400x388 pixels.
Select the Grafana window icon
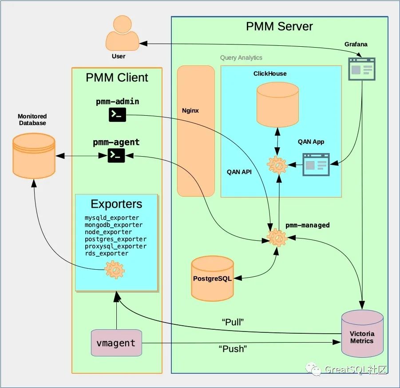pos(361,69)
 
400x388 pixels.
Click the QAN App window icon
pos(316,165)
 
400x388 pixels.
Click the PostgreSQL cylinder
pos(212,278)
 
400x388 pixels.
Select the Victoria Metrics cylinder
pos(362,333)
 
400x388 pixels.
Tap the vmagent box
pos(116,343)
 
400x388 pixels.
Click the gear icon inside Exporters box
pos(115,269)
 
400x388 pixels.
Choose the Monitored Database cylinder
pos(34,154)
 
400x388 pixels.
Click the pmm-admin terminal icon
pos(117,115)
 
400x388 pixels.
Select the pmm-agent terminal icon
pos(116,155)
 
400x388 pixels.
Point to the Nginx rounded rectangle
pos(196,131)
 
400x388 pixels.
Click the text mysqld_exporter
pos(112,218)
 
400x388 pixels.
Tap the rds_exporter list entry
pos(107,253)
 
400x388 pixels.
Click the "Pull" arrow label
pos(233,322)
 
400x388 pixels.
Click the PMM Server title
pos(279,26)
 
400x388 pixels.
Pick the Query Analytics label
pos(241,57)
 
